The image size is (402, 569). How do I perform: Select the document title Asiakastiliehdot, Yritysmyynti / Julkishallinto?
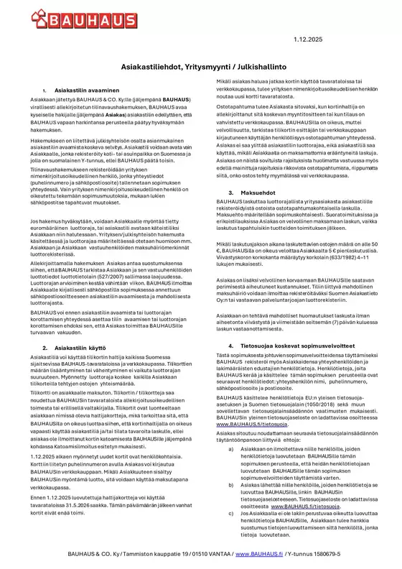pyautogui.click(x=200, y=65)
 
